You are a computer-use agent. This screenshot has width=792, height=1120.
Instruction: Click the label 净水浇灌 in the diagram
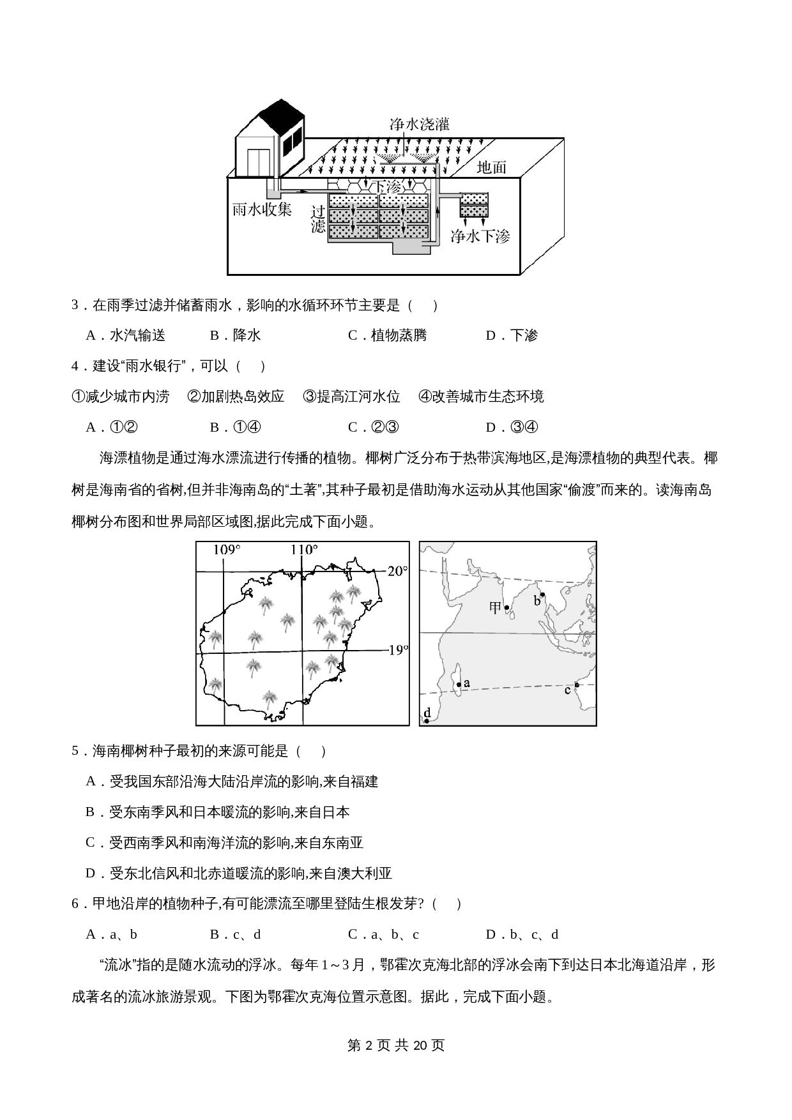(420, 125)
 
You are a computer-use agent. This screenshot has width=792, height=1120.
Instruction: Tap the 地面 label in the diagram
(492, 167)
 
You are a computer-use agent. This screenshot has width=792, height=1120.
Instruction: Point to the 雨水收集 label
(262, 209)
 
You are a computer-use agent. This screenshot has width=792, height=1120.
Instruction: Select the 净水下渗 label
(480, 236)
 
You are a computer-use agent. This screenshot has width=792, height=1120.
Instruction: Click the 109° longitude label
(227, 550)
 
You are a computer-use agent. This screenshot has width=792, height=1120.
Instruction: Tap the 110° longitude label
(303, 550)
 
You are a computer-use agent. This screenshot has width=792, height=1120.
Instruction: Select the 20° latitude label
(397, 571)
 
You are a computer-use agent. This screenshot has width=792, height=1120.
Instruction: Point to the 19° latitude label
(398, 650)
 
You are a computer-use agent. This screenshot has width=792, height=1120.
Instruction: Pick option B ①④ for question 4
(235, 427)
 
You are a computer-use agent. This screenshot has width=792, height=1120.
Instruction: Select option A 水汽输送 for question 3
(126, 335)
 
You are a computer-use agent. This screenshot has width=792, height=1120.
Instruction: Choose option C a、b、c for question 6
(383, 935)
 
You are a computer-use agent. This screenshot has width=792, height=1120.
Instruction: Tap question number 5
(75, 751)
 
